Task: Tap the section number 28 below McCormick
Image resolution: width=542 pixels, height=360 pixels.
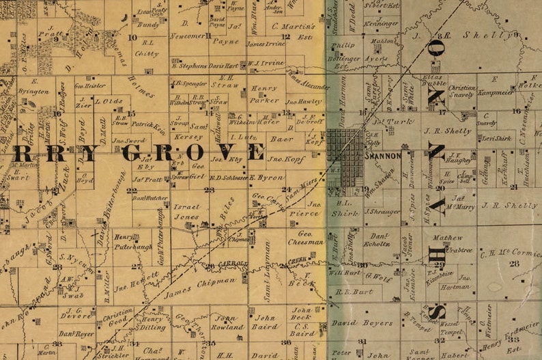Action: pos(513,264)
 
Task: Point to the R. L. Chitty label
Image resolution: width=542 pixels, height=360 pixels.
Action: pos(146,47)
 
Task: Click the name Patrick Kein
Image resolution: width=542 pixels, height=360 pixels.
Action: pos(149,125)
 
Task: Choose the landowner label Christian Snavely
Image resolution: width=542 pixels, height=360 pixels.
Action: pos(461,92)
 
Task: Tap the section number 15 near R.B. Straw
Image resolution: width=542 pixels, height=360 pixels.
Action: pos(131,113)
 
